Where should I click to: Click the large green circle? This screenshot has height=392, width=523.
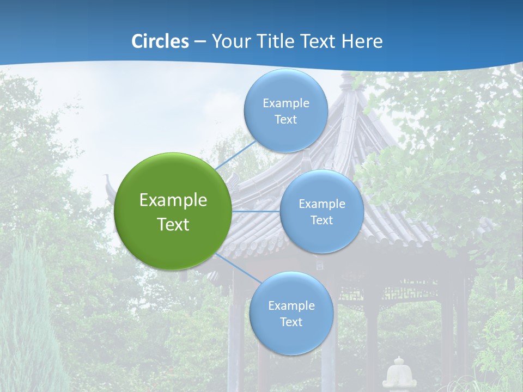(x=173, y=211)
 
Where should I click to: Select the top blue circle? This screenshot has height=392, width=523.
(x=285, y=111)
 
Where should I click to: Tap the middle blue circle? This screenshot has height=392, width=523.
(x=321, y=211)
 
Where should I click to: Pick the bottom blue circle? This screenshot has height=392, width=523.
(x=291, y=313)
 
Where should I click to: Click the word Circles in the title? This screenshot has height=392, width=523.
(x=160, y=41)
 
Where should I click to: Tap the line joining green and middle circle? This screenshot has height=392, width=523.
(x=256, y=211)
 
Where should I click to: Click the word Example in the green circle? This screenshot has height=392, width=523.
(x=173, y=200)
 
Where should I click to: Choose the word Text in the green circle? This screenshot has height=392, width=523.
(x=173, y=224)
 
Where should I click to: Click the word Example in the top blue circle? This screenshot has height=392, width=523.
(x=285, y=103)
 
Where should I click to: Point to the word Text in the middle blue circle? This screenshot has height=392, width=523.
(x=321, y=220)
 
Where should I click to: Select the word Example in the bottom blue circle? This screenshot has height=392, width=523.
(x=291, y=305)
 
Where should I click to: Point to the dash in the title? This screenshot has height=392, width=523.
(x=200, y=41)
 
